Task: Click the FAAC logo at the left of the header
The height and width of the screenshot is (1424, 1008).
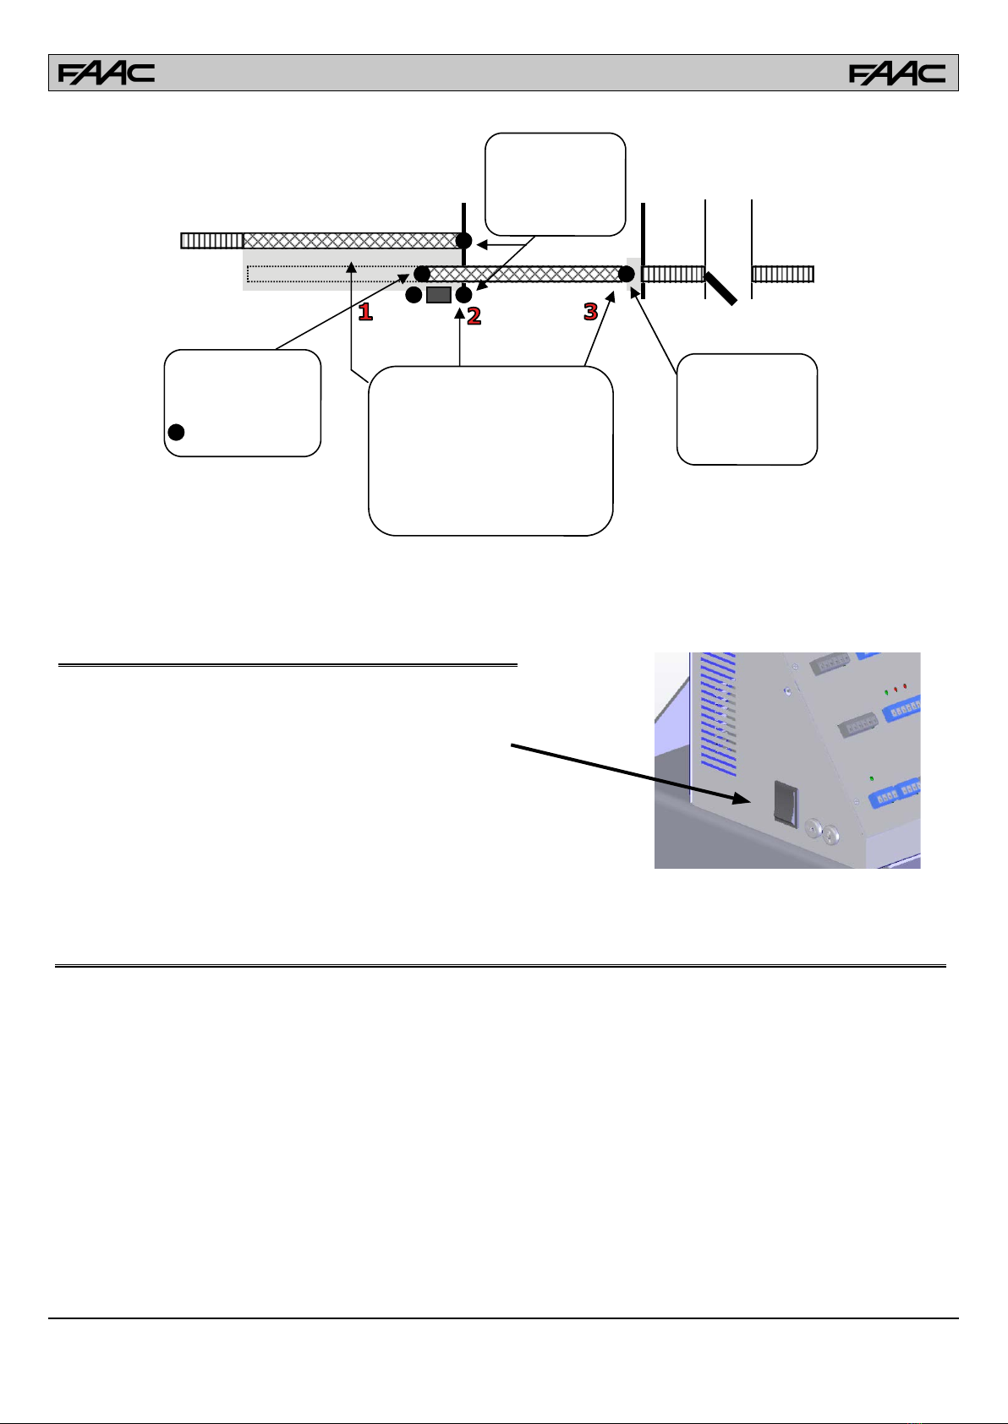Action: (107, 74)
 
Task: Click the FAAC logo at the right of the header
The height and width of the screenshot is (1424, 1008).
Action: (896, 74)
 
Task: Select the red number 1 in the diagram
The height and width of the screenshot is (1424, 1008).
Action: (365, 312)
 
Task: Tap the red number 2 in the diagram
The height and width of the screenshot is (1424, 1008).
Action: (474, 316)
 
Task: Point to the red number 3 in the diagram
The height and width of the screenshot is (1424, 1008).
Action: (591, 312)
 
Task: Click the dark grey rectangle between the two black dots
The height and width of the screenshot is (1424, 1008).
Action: (439, 295)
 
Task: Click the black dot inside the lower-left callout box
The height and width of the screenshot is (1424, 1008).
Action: (176, 433)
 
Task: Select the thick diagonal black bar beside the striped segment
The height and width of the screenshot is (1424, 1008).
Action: (721, 289)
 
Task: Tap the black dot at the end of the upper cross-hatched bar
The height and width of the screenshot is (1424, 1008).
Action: (463, 240)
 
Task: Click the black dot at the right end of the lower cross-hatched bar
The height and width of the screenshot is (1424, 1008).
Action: (627, 274)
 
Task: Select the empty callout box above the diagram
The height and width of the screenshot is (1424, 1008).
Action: (556, 184)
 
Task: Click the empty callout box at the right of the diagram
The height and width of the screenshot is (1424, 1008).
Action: (747, 409)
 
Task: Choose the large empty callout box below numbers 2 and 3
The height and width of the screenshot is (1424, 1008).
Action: (490, 450)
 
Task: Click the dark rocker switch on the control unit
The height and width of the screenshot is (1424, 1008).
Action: (786, 804)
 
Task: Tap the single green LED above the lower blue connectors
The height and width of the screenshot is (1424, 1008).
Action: (871, 778)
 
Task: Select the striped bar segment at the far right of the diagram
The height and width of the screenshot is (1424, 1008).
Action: (782, 274)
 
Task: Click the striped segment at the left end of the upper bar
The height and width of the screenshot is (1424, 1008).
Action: (212, 240)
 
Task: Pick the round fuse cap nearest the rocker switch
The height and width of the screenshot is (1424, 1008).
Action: (813, 828)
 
